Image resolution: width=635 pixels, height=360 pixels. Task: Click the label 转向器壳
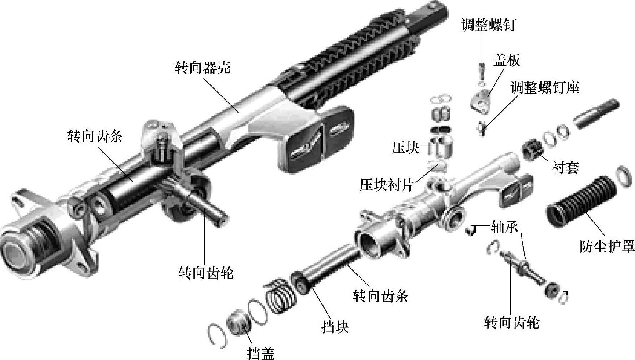point(202,68)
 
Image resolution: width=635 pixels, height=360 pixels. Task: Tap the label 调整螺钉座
point(545,87)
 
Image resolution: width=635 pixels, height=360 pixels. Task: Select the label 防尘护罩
point(607,246)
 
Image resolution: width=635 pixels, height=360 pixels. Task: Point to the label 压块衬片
point(387,185)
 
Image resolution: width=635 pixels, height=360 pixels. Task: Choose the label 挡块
point(335,327)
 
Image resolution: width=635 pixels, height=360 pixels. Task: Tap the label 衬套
point(565,167)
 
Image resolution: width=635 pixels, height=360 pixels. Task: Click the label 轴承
point(504,227)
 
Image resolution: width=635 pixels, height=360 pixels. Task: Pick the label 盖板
point(507,60)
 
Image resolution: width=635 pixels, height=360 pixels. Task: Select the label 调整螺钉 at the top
point(489,25)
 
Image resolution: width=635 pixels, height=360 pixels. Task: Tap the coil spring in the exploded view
point(281,296)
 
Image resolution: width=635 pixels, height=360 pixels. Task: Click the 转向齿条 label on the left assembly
point(95,136)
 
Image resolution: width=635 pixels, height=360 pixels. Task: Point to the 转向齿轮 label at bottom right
point(511,322)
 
